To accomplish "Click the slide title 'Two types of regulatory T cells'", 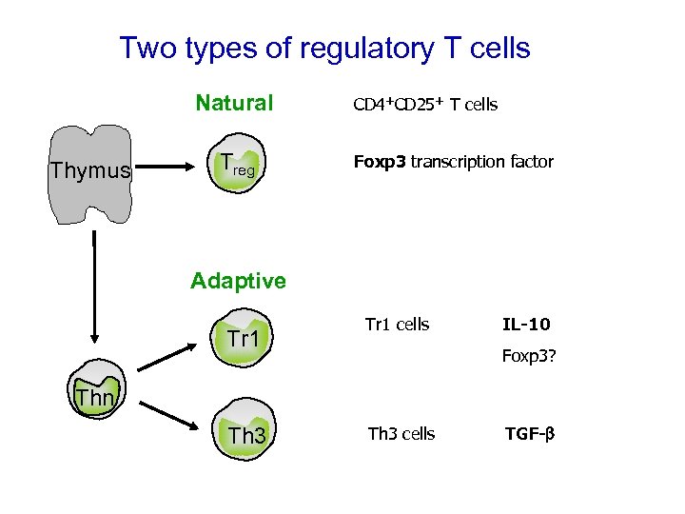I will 324,48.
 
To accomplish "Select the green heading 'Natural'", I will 234,103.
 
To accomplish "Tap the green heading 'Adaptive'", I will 238,280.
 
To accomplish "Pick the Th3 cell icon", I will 245,433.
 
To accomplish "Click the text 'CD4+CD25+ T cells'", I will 425,105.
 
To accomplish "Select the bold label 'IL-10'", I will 526,325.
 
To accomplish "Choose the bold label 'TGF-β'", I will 529,434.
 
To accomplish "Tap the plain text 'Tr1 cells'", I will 397,325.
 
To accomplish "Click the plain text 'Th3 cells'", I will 401,434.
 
